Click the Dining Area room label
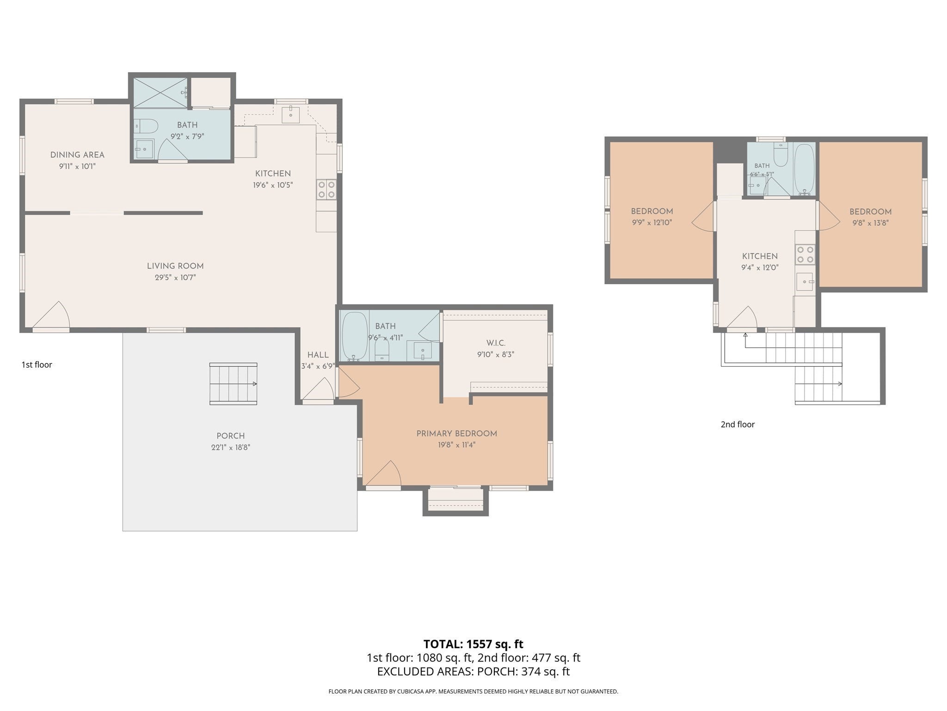77,155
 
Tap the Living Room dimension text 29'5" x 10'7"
175,277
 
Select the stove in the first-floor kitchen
326,190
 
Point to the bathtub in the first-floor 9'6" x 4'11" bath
354,336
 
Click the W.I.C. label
496,343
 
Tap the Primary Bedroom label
457,434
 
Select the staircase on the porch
234,384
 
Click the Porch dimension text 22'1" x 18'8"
231,448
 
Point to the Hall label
318,355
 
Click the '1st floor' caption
37,365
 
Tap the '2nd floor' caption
738,424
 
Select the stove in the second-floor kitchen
805,255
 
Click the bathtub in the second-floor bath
805,169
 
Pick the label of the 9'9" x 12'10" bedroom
652,212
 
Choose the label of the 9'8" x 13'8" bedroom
870,212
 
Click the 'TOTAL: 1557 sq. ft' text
473,644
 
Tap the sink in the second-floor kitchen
805,281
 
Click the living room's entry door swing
51,316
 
